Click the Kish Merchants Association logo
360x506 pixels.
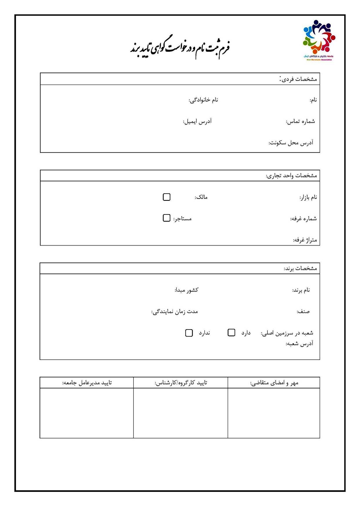click(x=319, y=40)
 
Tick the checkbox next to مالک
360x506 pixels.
click(x=167, y=197)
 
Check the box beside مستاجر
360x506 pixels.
click(x=167, y=218)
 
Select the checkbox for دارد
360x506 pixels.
click(x=231, y=333)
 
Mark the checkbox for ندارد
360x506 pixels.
click(x=189, y=333)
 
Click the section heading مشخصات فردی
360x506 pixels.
click(x=298, y=79)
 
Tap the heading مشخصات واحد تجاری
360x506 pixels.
click(x=291, y=176)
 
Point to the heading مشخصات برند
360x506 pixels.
click(x=300, y=268)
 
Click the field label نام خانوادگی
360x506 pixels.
click(x=203, y=100)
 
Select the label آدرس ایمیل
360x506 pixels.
click(x=197, y=121)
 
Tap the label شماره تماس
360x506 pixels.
click(x=300, y=121)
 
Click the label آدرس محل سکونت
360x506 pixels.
click(x=291, y=143)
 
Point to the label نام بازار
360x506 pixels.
click(x=308, y=197)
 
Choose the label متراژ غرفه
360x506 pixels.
click(x=305, y=240)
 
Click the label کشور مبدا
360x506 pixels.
click(x=187, y=290)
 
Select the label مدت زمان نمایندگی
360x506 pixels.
click(x=175, y=312)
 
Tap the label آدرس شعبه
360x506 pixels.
click(x=299, y=344)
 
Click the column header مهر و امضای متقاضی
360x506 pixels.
click(x=274, y=383)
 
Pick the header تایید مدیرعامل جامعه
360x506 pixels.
click(x=87, y=383)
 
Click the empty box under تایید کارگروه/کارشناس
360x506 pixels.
click(x=180, y=413)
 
